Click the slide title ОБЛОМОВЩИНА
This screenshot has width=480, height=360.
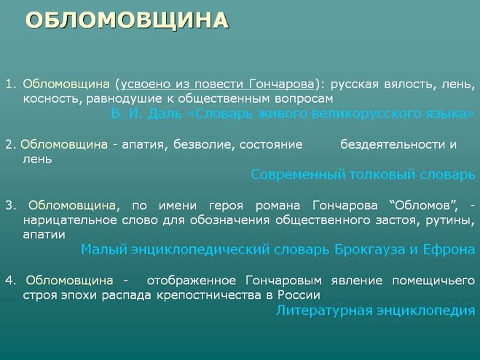(127, 20)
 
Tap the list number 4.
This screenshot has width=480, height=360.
(10, 281)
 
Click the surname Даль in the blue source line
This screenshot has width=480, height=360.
(165, 114)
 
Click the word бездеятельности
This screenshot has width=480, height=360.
(392, 144)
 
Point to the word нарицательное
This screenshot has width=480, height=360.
(70, 220)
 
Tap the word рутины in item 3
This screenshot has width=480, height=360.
(449, 221)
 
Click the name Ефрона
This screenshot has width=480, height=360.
(449, 250)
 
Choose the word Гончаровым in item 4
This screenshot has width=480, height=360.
(283, 281)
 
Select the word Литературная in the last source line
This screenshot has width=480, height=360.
(323, 310)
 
